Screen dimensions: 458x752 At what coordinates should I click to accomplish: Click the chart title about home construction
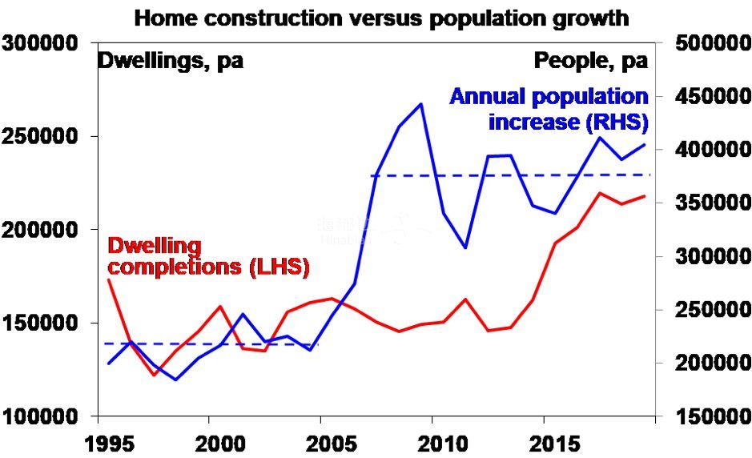(381, 18)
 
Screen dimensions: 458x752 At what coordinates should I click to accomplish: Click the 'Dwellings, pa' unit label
(171, 61)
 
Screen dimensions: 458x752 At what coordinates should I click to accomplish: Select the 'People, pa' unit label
(590, 61)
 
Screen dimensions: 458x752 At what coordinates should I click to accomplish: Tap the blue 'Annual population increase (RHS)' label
(549, 110)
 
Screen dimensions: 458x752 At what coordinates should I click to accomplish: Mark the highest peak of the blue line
(421, 104)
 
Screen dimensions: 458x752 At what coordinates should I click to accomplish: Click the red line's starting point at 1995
(108, 279)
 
